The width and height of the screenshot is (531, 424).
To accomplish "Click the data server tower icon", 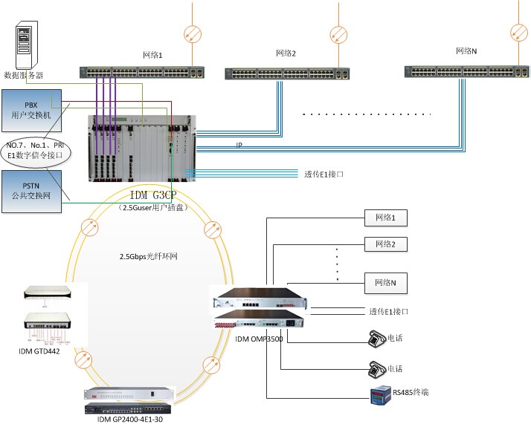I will point(25,45).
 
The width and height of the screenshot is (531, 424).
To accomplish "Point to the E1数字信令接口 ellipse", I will point(35,149).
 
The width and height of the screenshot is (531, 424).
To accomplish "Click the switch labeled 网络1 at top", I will point(141,73).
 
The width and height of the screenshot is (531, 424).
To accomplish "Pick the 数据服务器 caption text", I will point(24,75).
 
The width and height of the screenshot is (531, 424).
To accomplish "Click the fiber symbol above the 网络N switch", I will point(518,32).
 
